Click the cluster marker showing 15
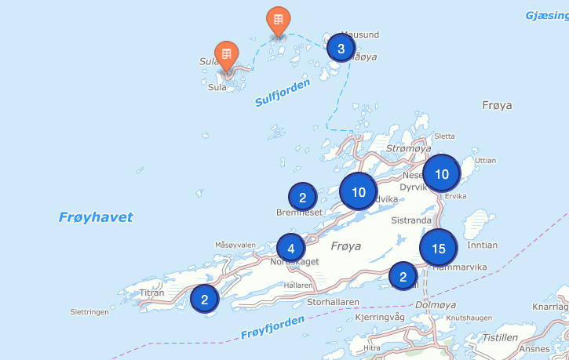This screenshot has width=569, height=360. point(438,249)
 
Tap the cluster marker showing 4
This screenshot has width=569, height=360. point(290,249)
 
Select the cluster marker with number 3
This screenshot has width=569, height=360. point(341,49)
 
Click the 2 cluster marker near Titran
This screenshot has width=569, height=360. point(204,299)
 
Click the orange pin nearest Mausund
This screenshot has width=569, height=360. point(277,20)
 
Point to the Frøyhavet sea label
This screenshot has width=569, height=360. point(96,217)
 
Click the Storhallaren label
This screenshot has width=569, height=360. point(333,300)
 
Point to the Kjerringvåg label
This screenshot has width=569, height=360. point(380,317)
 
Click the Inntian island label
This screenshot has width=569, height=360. point(482,245)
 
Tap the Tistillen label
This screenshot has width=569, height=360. point(500,337)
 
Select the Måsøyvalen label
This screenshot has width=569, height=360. point(235,245)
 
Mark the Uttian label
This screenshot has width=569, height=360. point(487,160)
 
